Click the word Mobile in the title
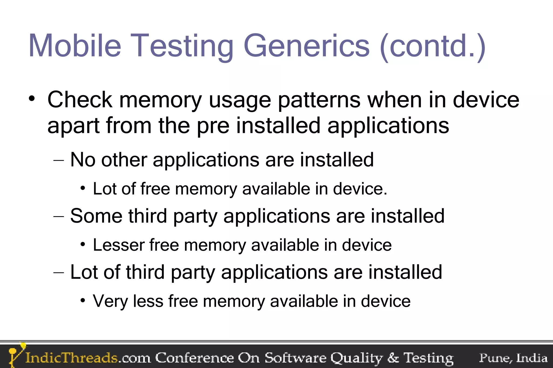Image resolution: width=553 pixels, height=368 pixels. point(75,46)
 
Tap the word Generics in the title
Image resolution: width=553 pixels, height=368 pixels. point(306,46)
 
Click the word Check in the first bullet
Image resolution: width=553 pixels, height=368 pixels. point(80,100)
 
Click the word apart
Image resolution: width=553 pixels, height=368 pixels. point(72,126)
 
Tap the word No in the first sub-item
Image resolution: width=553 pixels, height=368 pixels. point(83,160)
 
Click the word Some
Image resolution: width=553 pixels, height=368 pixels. point(96,216)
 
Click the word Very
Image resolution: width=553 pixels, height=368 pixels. point(110,301)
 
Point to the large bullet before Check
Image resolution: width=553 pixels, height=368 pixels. point(32,99)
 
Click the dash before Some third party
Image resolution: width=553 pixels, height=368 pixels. point(59,216)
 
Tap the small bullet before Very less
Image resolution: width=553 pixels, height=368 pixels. point(83,300)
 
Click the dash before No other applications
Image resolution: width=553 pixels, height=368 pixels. point(59,160)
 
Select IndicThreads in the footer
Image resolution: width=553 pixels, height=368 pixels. point(71,358)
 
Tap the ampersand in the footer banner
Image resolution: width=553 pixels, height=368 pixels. point(393,358)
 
